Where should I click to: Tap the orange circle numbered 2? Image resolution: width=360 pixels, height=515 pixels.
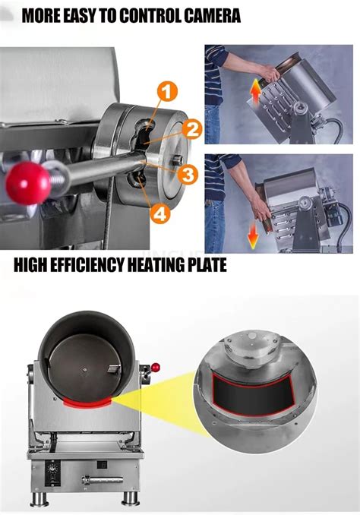pyautogui.click(x=191, y=130)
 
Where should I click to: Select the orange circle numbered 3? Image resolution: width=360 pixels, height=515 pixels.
pyautogui.click(x=188, y=175)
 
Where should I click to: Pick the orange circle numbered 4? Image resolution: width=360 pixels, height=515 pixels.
pyautogui.click(x=159, y=215)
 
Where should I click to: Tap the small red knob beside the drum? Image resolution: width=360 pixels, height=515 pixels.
pyautogui.click(x=156, y=368)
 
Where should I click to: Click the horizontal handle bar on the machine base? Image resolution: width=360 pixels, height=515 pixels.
pyautogui.click(x=101, y=479)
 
